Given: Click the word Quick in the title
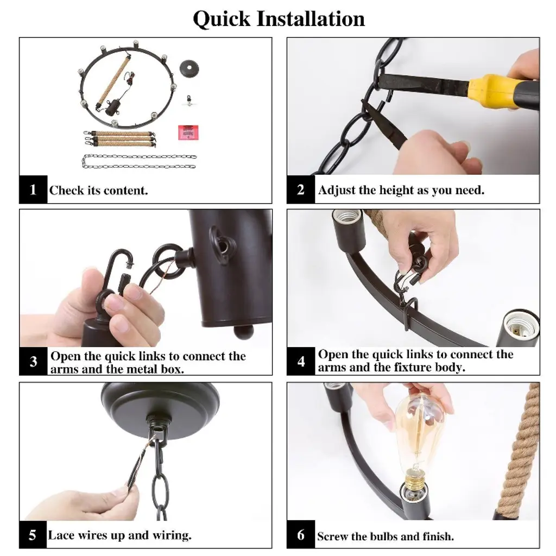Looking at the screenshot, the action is (x=222, y=20).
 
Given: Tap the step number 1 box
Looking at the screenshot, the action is (x=33, y=189).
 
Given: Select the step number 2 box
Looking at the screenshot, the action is (x=301, y=189).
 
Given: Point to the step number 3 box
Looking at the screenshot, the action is (x=33, y=361).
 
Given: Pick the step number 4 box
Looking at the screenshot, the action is (x=301, y=361).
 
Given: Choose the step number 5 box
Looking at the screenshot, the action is (x=33, y=534).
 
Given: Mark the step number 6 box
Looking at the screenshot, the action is (x=301, y=534).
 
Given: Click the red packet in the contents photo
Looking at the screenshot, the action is (x=188, y=132).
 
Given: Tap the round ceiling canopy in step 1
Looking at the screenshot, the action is (x=189, y=68).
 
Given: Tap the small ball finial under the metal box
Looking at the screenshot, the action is (x=244, y=332).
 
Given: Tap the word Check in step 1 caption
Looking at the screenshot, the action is (x=67, y=191).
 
